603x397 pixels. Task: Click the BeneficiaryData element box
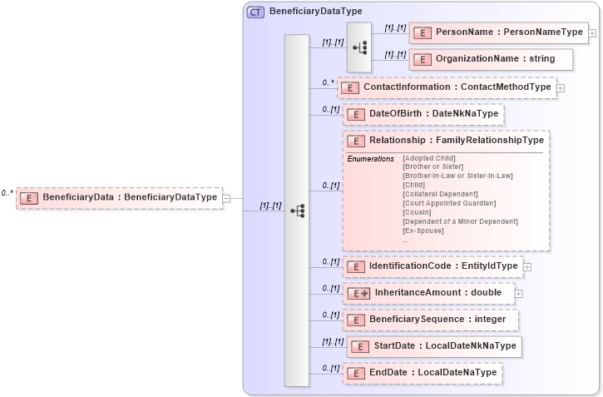pyautogui.click(x=120, y=198)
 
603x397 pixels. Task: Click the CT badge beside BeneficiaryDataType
pyautogui.click(x=255, y=12)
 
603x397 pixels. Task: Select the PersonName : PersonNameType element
pyautogui.click(x=498, y=32)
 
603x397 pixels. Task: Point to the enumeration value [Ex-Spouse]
pyautogui.click(x=423, y=231)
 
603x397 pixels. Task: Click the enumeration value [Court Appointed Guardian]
pyautogui.click(x=448, y=203)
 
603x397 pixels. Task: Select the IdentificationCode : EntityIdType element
pyautogui.click(x=432, y=266)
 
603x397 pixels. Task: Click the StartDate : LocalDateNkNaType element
pyautogui.click(x=434, y=346)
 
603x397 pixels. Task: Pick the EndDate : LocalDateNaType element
pyautogui.click(x=423, y=373)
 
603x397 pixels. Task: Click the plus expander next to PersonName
pyautogui.click(x=592, y=33)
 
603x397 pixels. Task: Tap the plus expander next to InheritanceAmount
pyautogui.click(x=519, y=293)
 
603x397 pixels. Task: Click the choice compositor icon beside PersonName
pyautogui.click(x=359, y=47)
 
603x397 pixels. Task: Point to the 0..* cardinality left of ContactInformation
pyautogui.click(x=328, y=83)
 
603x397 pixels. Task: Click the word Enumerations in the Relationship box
pyautogui.click(x=370, y=158)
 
